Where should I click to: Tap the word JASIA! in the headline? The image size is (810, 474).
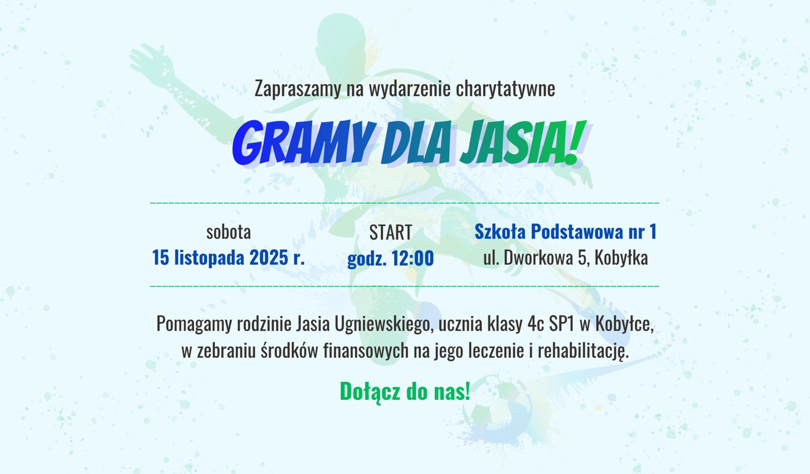(x=522, y=143)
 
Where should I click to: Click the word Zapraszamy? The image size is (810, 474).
(x=298, y=89)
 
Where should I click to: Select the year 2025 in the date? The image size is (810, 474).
(x=269, y=258)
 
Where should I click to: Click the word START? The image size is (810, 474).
(x=390, y=232)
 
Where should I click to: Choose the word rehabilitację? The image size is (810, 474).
(x=583, y=352)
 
